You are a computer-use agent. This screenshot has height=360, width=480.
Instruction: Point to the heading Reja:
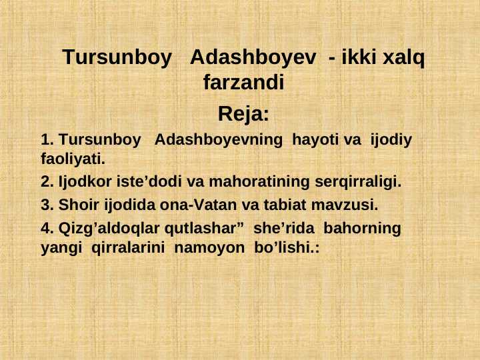(x=243, y=114)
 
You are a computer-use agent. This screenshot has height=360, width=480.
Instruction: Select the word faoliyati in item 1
(x=72, y=160)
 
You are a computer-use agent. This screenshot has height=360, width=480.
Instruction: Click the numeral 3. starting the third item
(x=47, y=203)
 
